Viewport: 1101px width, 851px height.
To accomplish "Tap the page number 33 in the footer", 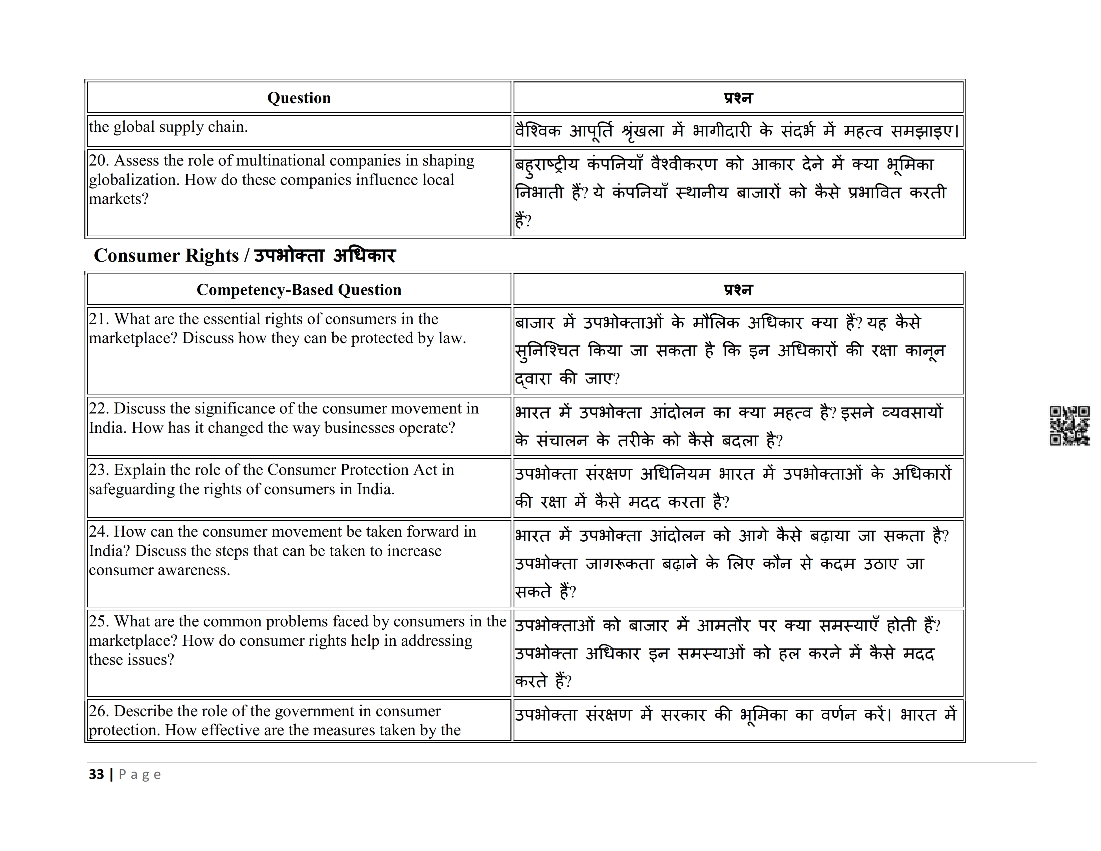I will [x=96, y=774].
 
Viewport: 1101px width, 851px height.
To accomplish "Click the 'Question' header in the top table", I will [x=299, y=98].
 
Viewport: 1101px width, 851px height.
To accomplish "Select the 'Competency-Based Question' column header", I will [x=299, y=290].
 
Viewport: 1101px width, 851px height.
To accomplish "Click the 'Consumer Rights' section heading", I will [x=166, y=256].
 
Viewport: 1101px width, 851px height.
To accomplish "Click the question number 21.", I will [x=99, y=319].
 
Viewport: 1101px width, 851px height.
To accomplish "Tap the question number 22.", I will [x=99, y=408].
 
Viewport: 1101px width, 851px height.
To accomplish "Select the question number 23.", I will [x=99, y=470].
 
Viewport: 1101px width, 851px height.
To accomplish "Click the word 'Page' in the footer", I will [x=140, y=775].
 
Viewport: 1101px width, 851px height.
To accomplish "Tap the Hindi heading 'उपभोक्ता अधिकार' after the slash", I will [x=325, y=256].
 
